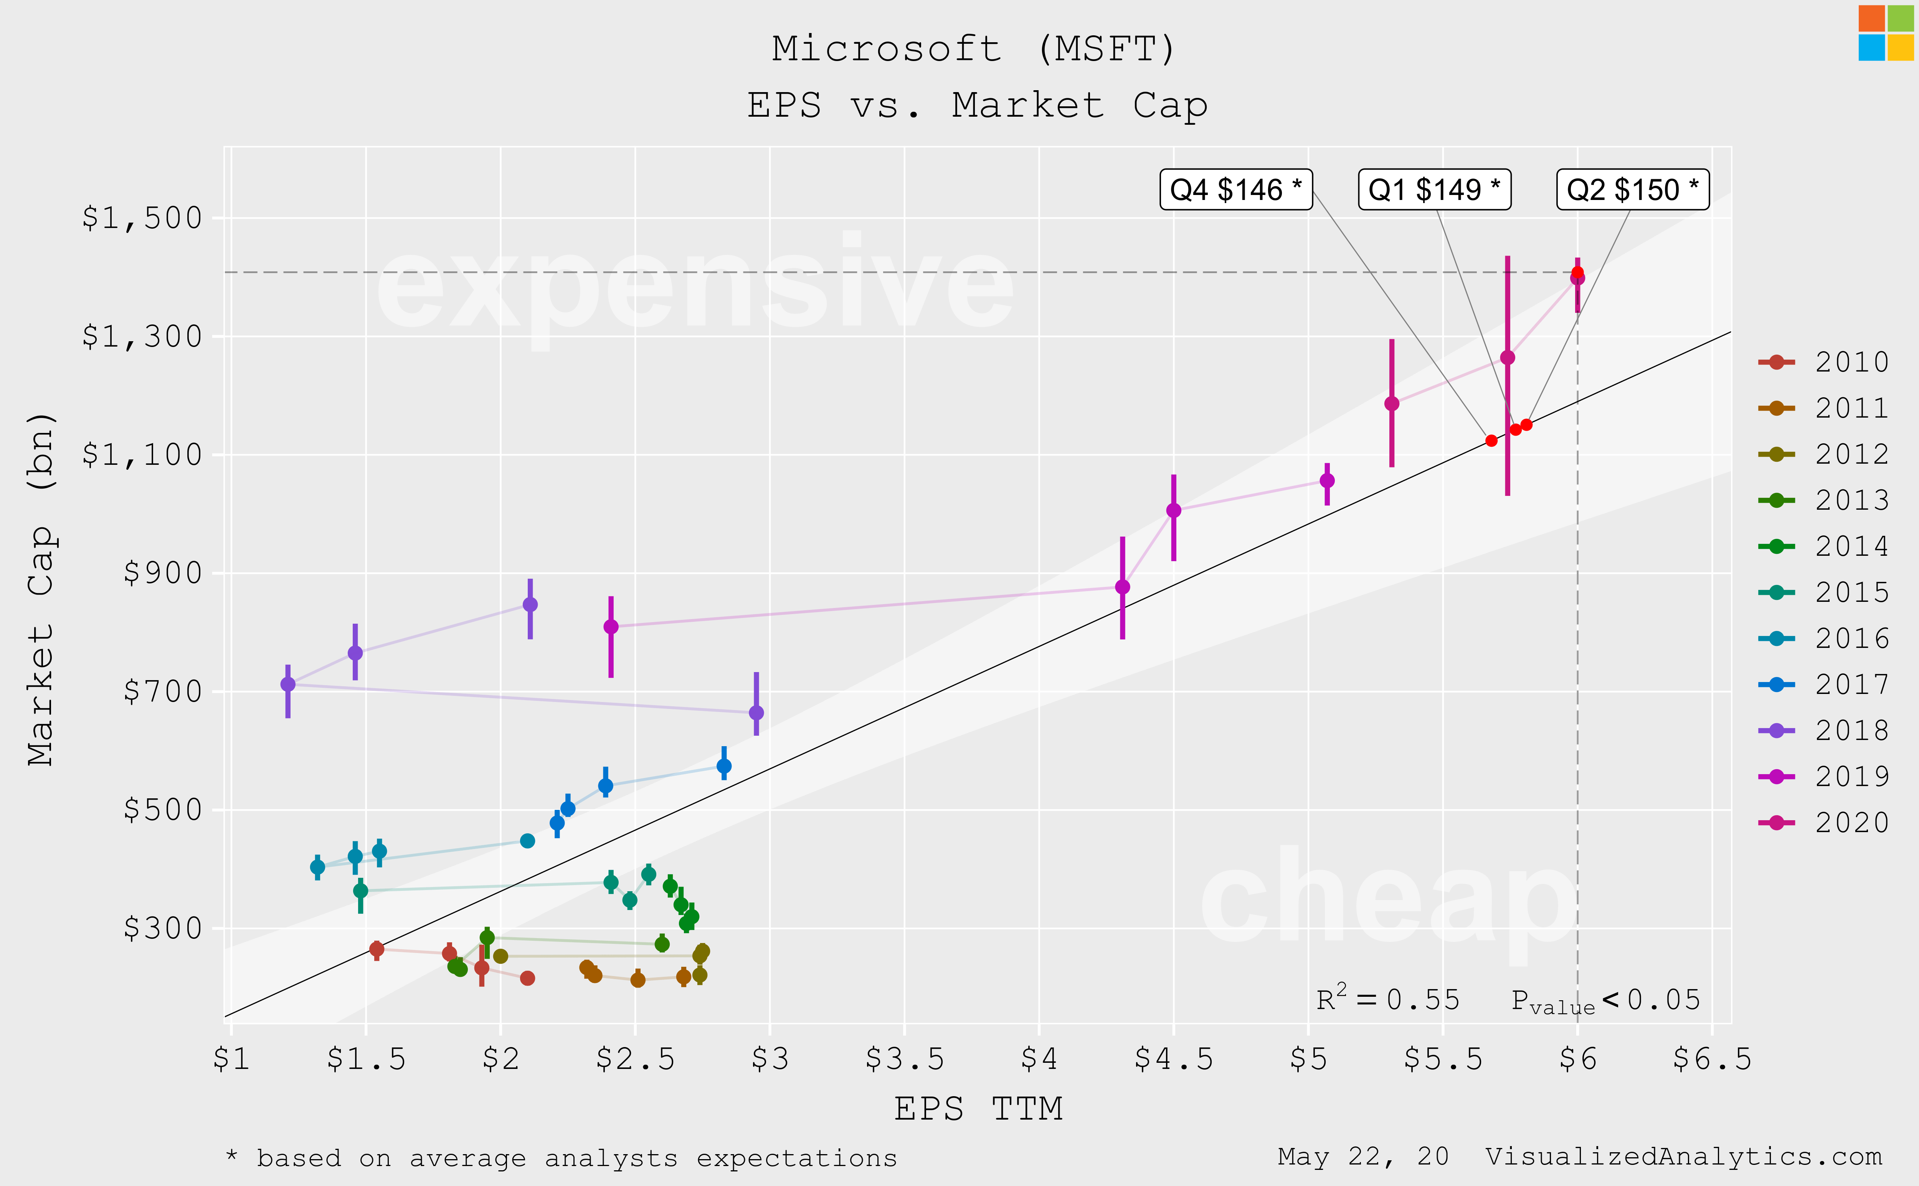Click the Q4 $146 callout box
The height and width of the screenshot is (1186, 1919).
click(x=1236, y=190)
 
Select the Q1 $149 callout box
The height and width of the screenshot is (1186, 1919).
click(x=1434, y=190)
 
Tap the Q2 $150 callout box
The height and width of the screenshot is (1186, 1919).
click(x=1633, y=190)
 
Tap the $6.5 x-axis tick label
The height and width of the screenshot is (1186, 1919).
click(x=1712, y=1059)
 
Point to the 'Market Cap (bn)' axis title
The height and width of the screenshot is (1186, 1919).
click(x=41, y=588)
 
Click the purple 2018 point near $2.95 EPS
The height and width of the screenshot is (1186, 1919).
click(x=756, y=712)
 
